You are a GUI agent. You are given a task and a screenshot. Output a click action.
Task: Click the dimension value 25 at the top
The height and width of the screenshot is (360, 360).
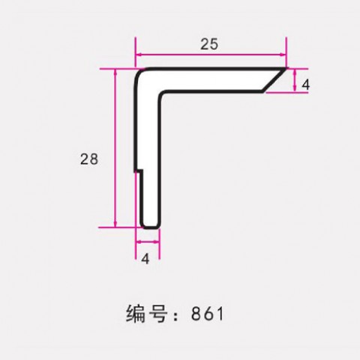209,44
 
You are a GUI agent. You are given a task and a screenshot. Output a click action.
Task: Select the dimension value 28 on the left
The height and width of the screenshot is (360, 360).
89,159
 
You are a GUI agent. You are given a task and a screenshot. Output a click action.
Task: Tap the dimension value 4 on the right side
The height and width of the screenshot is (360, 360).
305,85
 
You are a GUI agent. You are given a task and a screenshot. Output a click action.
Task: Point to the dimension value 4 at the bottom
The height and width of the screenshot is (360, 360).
145,259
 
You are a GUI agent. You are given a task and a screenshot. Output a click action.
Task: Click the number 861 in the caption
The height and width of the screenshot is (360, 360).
207,313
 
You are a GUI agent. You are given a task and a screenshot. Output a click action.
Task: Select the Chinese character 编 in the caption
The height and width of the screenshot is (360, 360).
136,313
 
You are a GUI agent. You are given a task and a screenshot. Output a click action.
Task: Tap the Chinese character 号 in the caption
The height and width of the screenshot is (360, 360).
158,313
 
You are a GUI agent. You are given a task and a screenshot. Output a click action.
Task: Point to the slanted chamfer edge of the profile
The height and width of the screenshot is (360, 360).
274,79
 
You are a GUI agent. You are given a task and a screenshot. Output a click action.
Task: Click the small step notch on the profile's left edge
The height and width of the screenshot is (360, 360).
139,171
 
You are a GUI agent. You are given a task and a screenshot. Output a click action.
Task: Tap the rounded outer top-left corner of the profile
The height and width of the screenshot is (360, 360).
139,73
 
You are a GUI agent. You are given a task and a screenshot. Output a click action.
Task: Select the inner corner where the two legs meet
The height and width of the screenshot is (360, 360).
161,94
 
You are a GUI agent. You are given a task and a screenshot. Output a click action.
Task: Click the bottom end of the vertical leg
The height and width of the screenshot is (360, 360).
151,227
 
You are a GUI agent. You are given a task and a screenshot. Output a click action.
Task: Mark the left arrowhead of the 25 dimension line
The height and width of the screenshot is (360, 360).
138,54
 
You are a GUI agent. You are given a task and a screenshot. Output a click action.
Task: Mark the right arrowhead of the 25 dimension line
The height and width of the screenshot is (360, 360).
283,54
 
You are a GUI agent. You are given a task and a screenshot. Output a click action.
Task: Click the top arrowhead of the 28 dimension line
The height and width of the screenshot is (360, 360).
115,72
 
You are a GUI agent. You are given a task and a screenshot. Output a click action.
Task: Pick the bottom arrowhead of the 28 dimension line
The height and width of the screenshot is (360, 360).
115,224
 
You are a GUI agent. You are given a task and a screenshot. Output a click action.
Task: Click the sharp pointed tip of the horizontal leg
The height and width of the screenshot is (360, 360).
286,68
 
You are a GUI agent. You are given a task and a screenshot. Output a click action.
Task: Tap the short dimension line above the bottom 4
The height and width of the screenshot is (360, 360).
148,241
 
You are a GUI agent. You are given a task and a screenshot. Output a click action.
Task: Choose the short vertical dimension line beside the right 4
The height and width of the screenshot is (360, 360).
295,80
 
